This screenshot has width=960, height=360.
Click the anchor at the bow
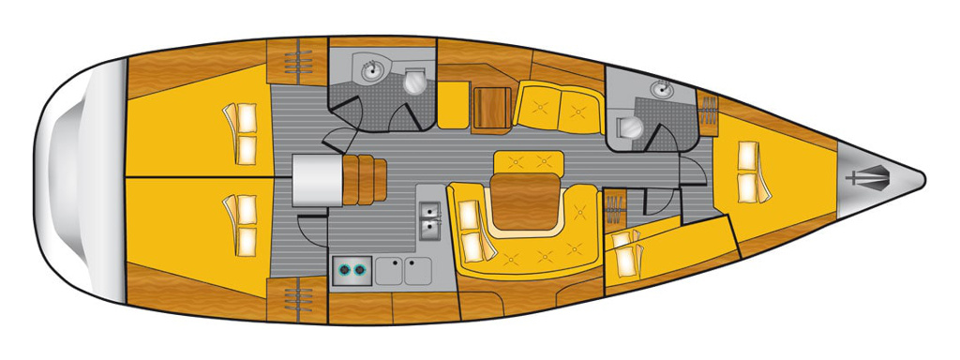(x=870, y=176)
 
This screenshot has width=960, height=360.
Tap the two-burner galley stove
(x=353, y=270)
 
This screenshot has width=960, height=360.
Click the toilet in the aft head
(x=413, y=82)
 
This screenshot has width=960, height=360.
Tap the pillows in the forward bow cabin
(x=750, y=171)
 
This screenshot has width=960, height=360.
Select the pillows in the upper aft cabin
(x=241, y=132)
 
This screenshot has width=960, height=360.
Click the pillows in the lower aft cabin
(x=241, y=225)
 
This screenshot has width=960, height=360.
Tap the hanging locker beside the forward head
(x=709, y=110)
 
